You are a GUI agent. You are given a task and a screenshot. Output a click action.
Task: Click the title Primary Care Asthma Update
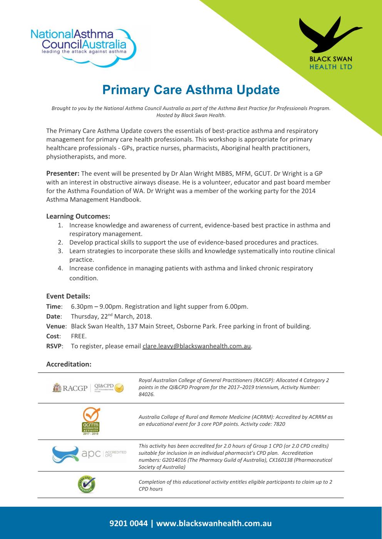click(191, 90)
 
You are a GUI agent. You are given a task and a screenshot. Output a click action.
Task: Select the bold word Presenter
click(63, 173)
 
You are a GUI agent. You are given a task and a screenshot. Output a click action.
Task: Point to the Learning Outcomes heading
click(78, 216)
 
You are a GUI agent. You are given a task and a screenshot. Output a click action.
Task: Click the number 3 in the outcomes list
click(60, 251)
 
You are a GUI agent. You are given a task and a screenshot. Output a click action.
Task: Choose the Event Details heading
click(68, 296)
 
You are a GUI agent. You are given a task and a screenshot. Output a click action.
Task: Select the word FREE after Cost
click(79, 336)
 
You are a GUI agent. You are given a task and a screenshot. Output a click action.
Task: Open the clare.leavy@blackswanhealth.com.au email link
click(197, 346)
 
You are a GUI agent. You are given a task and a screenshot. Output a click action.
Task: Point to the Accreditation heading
click(69, 364)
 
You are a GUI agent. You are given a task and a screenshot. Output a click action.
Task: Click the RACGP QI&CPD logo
click(88, 388)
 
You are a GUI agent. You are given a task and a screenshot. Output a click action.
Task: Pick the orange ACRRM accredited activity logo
click(91, 421)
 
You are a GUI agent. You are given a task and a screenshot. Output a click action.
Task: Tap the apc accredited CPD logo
click(89, 454)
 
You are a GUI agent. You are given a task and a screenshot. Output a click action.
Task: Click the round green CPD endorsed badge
click(86, 484)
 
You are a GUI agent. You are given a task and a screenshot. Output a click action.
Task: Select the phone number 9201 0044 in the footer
click(129, 523)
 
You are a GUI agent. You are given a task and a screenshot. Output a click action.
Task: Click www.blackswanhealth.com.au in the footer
click(214, 523)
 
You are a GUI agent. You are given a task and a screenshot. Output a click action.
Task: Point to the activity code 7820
click(279, 424)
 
